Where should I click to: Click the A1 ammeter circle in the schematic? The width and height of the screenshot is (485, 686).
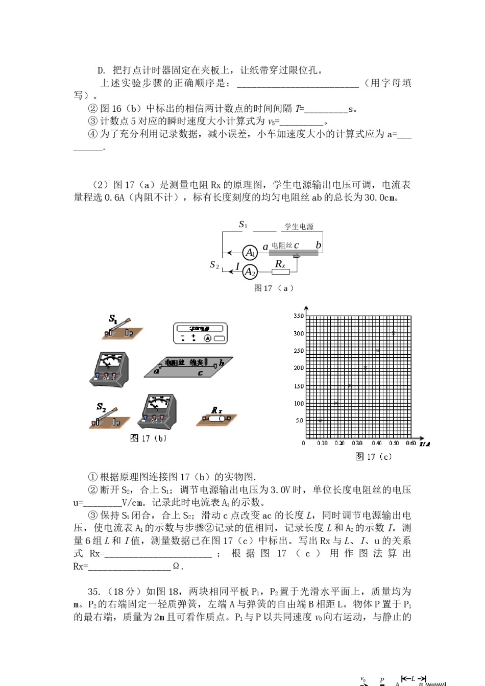coord(250,253)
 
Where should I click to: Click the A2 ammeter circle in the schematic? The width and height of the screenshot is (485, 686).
coord(250,272)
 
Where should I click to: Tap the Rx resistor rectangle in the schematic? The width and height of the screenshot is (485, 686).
coord(280,272)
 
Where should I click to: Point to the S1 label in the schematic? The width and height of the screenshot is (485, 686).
coord(243,225)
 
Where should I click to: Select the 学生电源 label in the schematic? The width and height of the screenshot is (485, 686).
coord(299,227)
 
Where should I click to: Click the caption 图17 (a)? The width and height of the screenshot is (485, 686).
coord(274,288)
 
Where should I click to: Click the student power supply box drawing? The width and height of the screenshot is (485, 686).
coord(200,333)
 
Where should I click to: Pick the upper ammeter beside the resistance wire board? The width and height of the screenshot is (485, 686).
coord(109,369)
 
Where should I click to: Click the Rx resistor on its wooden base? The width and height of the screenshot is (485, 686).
coord(216,418)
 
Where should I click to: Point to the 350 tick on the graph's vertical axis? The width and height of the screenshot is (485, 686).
coord(299,316)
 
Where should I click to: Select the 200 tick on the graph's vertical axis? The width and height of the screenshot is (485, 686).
coord(299,368)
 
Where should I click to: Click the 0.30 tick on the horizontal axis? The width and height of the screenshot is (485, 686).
coord(357,443)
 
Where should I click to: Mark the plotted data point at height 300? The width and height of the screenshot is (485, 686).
coord(393,333)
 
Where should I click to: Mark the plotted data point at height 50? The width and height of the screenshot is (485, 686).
coord(321,421)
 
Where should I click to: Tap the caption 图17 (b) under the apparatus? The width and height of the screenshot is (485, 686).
coord(148,438)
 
